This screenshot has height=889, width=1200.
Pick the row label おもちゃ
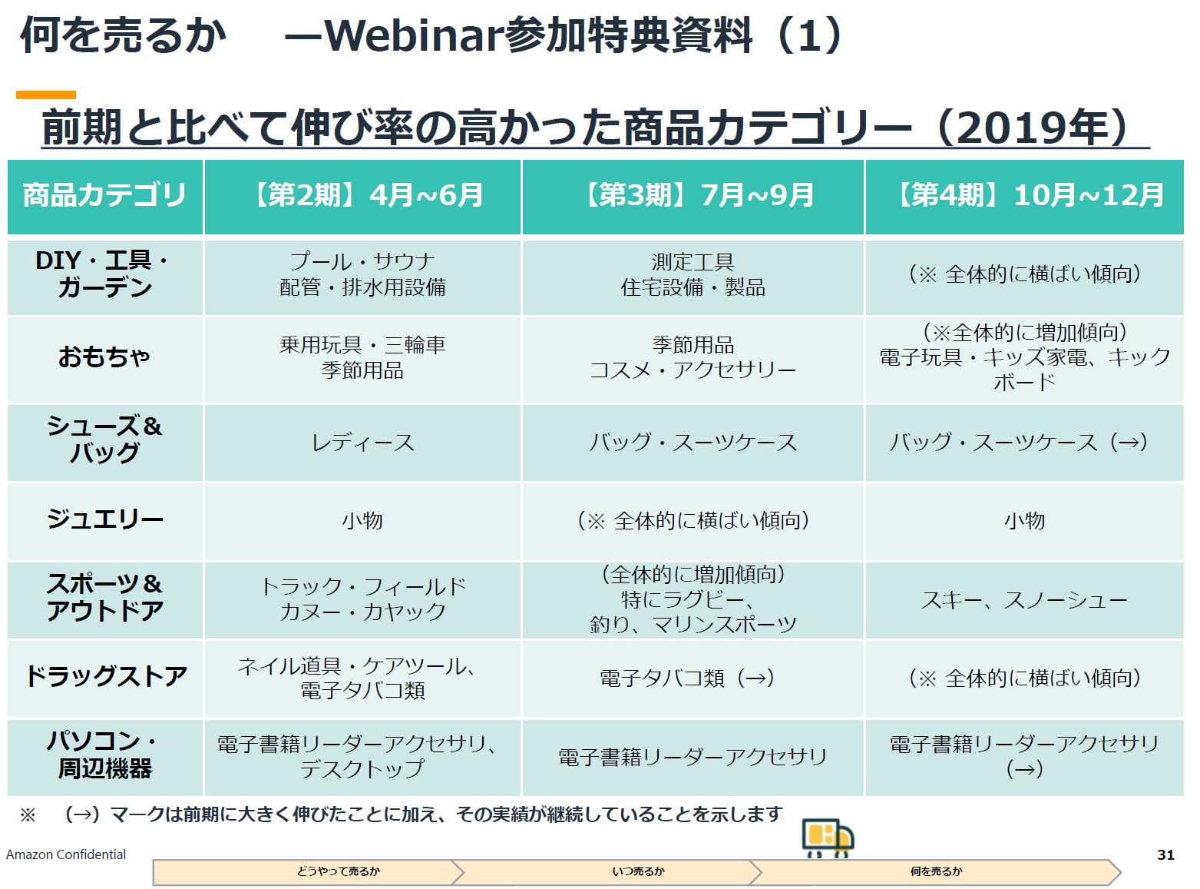point(104,357)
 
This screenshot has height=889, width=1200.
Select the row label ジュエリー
point(105,519)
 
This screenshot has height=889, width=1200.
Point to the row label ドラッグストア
point(106,676)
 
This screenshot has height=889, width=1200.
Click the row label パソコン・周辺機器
point(105,755)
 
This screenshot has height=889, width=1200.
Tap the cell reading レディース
point(362,443)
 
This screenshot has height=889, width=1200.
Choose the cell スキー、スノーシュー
point(1024,600)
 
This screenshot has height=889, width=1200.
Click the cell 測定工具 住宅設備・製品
point(693,274)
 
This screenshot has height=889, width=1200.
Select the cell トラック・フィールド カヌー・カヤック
point(362,599)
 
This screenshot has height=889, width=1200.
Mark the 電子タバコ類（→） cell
point(687,677)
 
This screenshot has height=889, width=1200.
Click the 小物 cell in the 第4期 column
point(1024,520)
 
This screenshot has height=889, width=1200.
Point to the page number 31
point(1165,855)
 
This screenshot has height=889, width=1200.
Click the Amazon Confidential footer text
point(65,854)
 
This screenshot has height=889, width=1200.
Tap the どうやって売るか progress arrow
point(309,871)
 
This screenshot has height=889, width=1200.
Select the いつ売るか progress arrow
point(606,871)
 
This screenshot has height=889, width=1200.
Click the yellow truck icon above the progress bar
point(827,838)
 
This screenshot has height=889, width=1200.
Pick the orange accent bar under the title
point(46,95)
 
